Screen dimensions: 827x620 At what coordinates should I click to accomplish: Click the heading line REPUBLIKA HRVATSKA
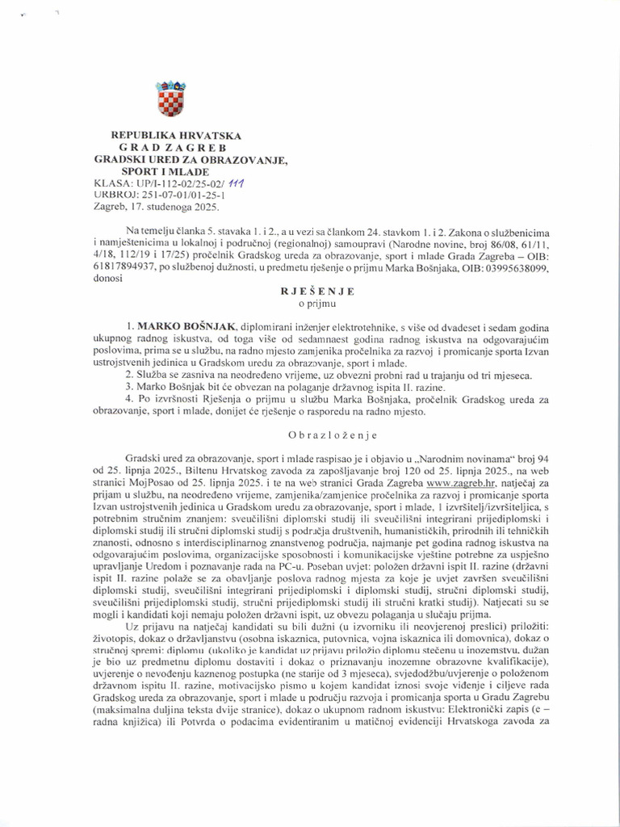[176, 136]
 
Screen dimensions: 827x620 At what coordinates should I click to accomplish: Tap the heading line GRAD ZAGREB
[173, 148]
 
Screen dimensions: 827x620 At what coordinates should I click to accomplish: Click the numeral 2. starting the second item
[131, 376]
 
